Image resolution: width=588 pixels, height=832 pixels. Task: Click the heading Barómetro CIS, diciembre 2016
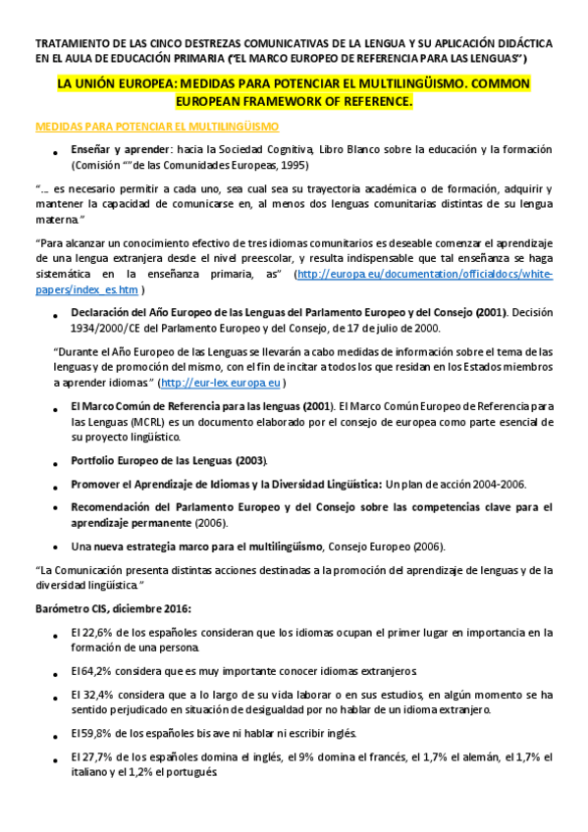click(113, 608)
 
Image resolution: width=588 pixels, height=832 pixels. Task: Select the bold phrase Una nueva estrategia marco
click(161, 546)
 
